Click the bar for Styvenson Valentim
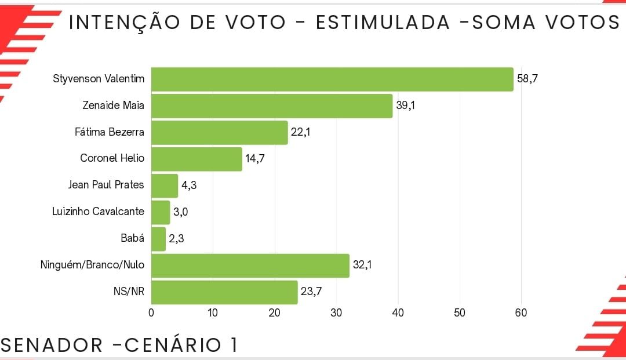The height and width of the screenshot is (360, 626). pyautogui.click(x=332, y=79)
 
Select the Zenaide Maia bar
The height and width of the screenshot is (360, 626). pyautogui.click(x=272, y=106)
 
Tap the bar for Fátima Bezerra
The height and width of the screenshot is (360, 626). pyautogui.click(x=220, y=133)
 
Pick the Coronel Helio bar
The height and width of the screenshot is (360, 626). pyautogui.click(x=196, y=159)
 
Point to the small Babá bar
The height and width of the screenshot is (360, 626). pyautogui.click(x=158, y=239)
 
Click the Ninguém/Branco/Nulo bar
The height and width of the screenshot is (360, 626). pyautogui.click(x=250, y=266)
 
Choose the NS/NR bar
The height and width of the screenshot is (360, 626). pyautogui.click(x=224, y=292)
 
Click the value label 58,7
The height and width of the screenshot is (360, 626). pyautogui.click(x=527, y=79)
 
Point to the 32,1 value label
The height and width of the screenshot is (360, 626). pyautogui.click(x=362, y=266)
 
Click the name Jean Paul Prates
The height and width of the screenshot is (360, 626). pyautogui.click(x=106, y=185)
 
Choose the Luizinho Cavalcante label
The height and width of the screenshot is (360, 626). pyautogui.click(x=98, y=212)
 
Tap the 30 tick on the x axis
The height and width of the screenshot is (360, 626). pyautogui.click(x=336, y=312)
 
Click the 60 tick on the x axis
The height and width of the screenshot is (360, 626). pyautogui.click(x=521, y=312)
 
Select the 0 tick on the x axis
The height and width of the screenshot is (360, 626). pyautogui.click(x=151, y=312)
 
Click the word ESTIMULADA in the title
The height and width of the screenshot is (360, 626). pyautogui.click(x=383, y=22)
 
